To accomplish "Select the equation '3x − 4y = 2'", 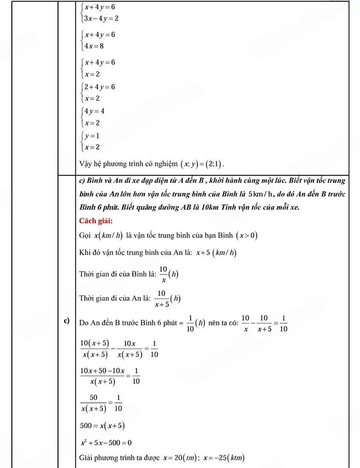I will tap(101, 18).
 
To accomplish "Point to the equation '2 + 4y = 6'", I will tap(100, 87).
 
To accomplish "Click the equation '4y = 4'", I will tap(94, 111).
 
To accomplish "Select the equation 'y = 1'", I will tap(92, 136).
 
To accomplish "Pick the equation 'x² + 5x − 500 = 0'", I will tap(106, 442).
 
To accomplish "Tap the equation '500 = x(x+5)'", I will tap(102, 426).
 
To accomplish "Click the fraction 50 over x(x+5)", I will tap(94, 403).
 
